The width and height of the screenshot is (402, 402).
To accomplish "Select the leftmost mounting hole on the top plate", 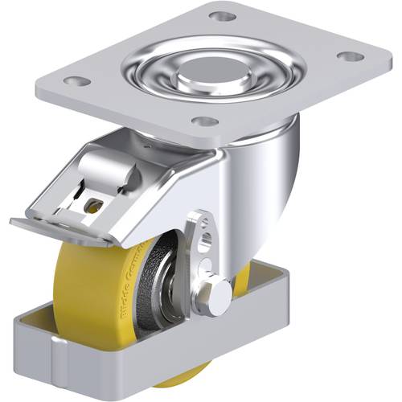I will tap(77, 81).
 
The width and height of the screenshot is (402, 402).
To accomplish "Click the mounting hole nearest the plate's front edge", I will tap(206, 121).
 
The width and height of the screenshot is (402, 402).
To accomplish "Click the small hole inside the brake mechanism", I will tap(92, 206).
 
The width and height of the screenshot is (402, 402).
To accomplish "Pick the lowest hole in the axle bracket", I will tap(207, 265).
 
